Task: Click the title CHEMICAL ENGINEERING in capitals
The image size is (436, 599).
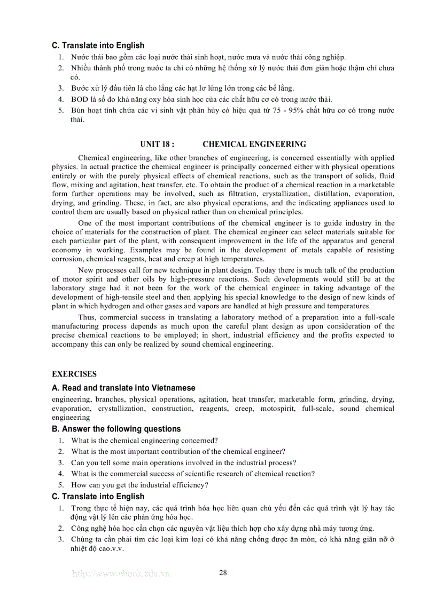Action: pyautogui.click(x=254, y=144)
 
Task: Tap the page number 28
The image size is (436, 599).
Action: pyautogui.click(x=223, y=573)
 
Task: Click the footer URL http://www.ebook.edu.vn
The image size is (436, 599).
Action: pyautogui.click(x=121, y=574)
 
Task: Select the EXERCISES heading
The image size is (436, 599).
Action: pyautogui.click(x=74, y=374)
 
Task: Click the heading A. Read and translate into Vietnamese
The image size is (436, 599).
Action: pyautogui.click(x=123, y=388)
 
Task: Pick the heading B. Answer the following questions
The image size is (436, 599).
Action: pyautogui.click(x=116, y=429)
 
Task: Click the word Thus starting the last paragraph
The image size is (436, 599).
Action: pyautogui.click(x=87, y=317)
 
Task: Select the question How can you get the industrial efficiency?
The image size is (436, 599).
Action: pyautogui.click(x=139, y=485)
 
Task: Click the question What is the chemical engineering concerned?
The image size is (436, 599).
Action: pyautogui.click(x=144, y=440)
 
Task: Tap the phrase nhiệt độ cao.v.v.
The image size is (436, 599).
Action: pyautogui.click(x=97, y=548)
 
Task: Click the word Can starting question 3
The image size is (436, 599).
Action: pyautogui.click(x=78, y=462)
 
